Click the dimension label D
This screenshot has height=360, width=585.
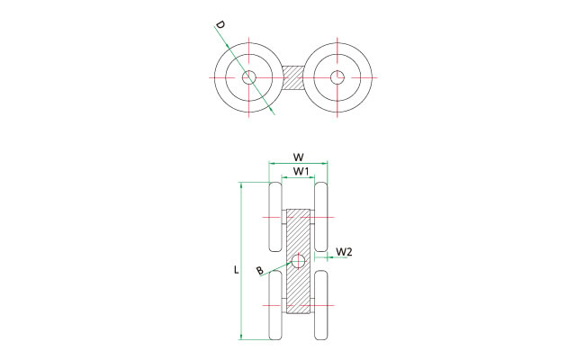click(x=220, y=25)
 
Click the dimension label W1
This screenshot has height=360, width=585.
click(x=301, y=172)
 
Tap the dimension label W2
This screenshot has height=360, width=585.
click(x=344, y=252)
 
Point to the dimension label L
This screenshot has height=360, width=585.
click(x=236, y=270)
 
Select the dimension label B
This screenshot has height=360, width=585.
click(x=260, y=271)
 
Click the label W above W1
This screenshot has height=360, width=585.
click(x=298, y=157)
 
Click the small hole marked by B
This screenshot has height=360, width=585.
click(x=298, y=261)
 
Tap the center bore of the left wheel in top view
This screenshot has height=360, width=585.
click(x=248, y=77)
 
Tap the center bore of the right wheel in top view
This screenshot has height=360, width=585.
click(x=337, y=77)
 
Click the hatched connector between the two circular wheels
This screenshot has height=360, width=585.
click(x=293, y=77)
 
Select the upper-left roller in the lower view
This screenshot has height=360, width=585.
click(x=275, y=217)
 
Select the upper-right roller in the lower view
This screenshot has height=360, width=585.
click(x=321, y=217)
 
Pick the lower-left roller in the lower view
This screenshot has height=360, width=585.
click(x=275, y=305)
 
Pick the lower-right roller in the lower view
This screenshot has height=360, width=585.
click(x=321, y=305)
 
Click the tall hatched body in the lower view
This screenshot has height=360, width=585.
click(x=298, y=261)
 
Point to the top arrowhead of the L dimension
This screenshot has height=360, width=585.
click(x=241, y=184)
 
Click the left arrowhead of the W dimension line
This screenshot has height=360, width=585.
click(x=270, y=163)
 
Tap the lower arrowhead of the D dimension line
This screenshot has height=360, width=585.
click(x=274, y=112)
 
